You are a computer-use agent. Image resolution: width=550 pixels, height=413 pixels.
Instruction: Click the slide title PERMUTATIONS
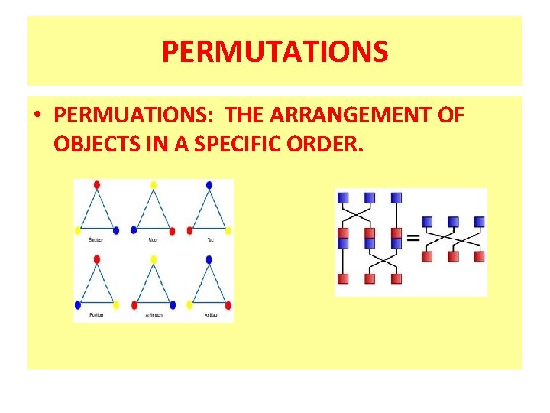tap(275, 52)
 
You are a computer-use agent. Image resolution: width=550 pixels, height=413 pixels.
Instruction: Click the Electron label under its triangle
tap(96, 239)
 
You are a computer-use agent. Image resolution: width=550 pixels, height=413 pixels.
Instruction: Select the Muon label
tap(153, 239)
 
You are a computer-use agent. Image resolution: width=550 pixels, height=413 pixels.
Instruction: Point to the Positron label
tap(96, 314)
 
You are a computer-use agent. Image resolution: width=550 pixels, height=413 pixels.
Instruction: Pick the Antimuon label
tap(153, 314)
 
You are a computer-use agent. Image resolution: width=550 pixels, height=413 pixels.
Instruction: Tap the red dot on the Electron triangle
tap(97, 185)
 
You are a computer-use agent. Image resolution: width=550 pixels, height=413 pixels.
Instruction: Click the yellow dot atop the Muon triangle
tap(154, 185)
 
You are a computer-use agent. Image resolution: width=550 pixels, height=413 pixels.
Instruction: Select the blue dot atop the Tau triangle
tap(209, 185)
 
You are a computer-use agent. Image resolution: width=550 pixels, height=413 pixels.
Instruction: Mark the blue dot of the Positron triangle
tap(78, 305)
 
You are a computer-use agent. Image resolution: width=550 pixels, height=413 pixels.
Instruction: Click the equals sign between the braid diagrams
tap(412, 238)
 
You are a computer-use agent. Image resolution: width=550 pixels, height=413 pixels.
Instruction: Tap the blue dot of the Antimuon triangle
tap(172, 305)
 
